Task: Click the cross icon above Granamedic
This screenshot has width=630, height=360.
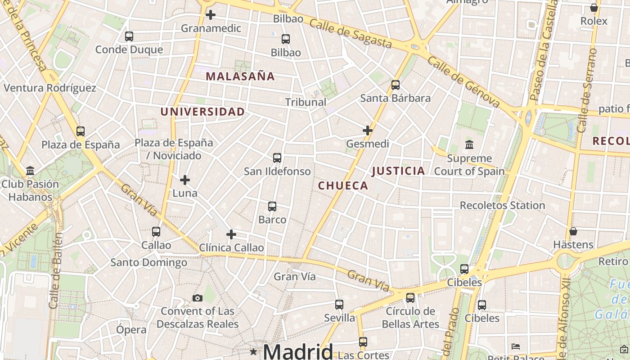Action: tap(210, 15)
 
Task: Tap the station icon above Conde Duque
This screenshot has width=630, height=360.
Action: tap(129, 36)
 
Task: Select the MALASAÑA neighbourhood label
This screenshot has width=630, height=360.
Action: tap(240, 76)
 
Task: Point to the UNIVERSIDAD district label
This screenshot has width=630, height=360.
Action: tap(203, 112)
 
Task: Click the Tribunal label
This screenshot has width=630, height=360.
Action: tap(306, 102)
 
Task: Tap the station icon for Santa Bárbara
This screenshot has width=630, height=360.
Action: tap(396, 85)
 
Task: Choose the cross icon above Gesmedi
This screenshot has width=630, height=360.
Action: tap(368, 130)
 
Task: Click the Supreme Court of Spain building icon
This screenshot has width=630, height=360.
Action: tap(469, 145)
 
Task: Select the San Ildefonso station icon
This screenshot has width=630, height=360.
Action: tap(277, 158)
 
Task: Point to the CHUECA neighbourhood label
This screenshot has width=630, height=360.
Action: tap(343, 185)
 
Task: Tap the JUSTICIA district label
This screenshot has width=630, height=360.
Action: tap(399, 171)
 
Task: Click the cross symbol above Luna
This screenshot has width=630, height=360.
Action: tap(185, 180)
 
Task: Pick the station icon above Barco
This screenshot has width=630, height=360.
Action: tap(272, 207)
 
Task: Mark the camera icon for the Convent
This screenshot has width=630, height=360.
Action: tap(197, 298)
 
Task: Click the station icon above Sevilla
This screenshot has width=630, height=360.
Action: tap(339, 305)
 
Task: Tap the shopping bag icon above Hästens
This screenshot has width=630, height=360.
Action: tap(573, 231)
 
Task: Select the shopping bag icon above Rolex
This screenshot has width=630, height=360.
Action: tap(594, 8)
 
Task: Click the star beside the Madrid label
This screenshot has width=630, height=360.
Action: tap(254, 351)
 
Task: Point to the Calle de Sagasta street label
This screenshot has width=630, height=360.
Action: tap(351, 34)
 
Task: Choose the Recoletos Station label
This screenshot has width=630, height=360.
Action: tap(502, 206)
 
